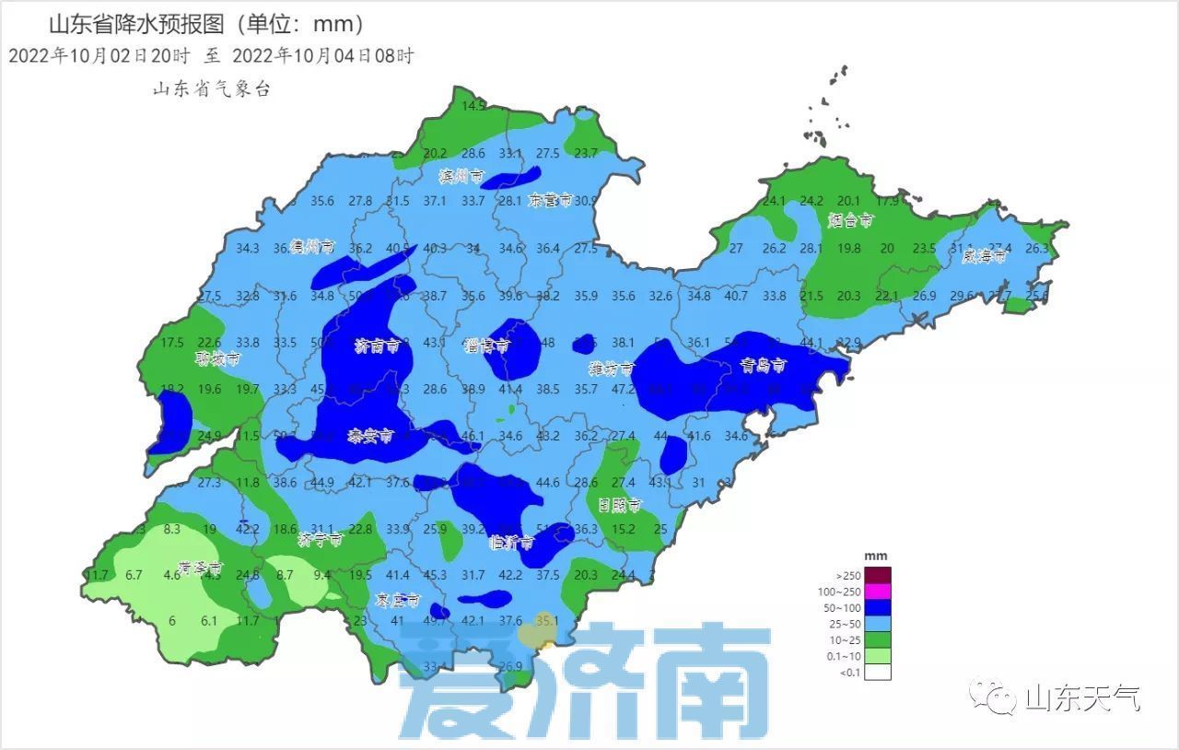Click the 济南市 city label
tap(377, 347)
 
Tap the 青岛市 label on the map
tap(764, 367)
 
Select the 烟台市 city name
tap(849, 220)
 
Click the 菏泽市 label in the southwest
tap(202, 568)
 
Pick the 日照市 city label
tap(620, 505)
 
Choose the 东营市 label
tap(551, 200)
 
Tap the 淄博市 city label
tap(487, 346)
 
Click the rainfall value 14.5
tap(473, 107)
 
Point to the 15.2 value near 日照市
tap(624, 530)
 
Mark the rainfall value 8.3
tap(171, 530)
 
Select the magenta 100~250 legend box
tap(877, 592)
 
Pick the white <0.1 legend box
tap(877, 672)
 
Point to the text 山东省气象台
tap(211, 89)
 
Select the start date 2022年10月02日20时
tap(99, 56)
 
